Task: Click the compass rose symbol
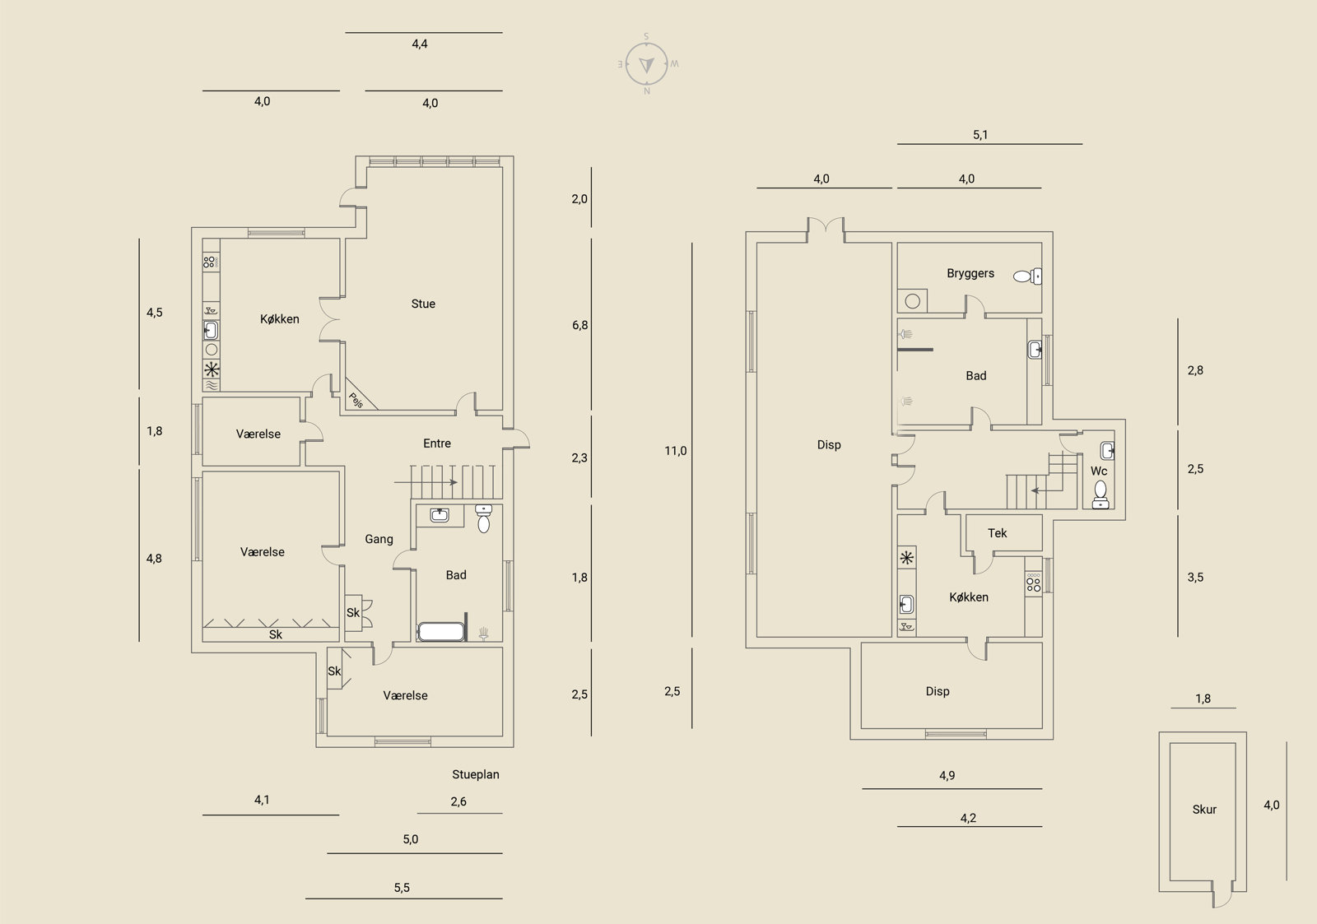coord(646,63)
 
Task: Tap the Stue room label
coord(423,304)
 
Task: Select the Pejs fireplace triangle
coord(358,395)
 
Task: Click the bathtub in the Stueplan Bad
coord(441,632)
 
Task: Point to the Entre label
coord(437,443)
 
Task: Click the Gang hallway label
coord(379,539)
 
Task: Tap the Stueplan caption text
coord(475,775)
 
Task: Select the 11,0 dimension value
coord(676,451)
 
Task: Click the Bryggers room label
coord(970,273)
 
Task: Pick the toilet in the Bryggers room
coord(1027,276)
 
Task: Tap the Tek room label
coord(997,533)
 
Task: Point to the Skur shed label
coord(1204,810)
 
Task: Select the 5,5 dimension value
coord(402,888)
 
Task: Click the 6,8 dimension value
coord(579,325)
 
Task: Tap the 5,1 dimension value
coord(980,135)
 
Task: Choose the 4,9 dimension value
coord(947,775)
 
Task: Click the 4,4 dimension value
coord(419,44)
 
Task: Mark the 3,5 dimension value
coord(1195,578)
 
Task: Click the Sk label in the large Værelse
coord(275,635)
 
